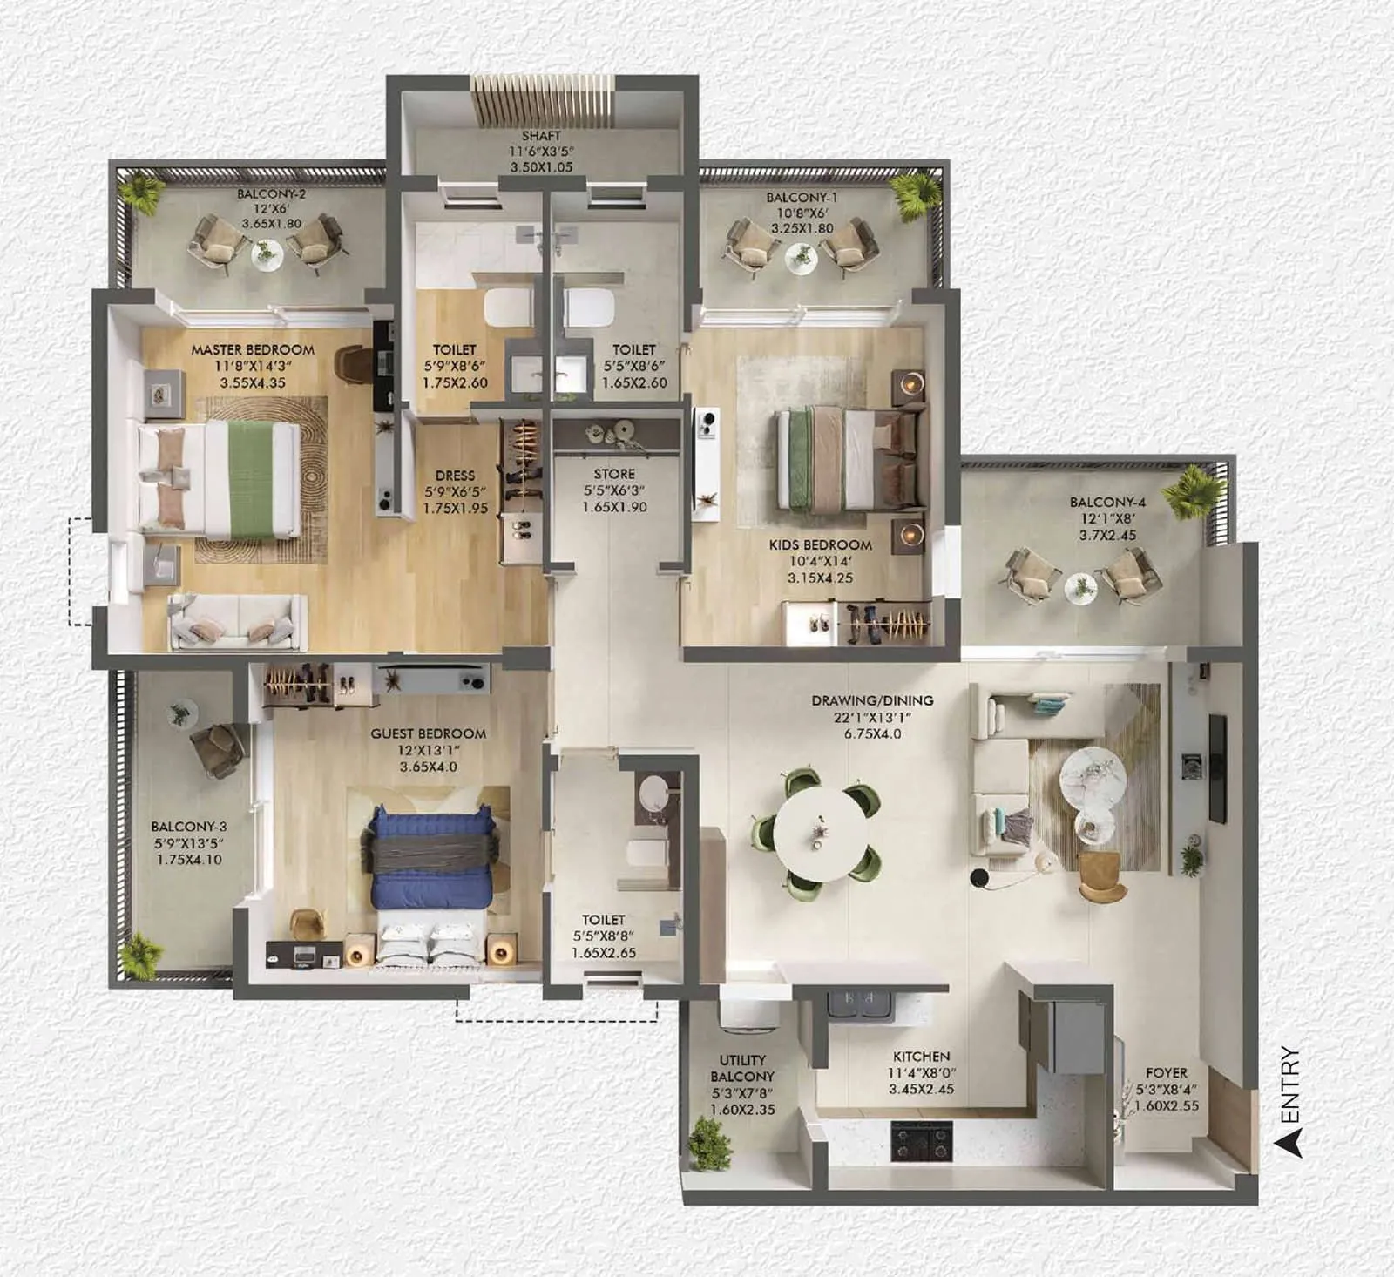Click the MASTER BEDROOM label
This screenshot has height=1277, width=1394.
pos(253,350)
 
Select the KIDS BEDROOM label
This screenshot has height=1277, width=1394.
pos(820,544)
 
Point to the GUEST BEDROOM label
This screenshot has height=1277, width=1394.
pos(428,733)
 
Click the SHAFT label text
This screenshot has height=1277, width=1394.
pos(541,136)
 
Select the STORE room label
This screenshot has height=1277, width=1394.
pos(614,474)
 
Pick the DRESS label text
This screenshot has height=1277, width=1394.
pos(455,476)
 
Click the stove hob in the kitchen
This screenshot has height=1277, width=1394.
pos(921,1140)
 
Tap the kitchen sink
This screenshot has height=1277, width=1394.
pos(859,1002)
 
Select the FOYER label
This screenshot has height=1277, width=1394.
pos(1166,1073)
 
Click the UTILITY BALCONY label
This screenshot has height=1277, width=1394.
pos(742,1068)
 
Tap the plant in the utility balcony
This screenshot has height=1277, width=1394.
pos(709,1142)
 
